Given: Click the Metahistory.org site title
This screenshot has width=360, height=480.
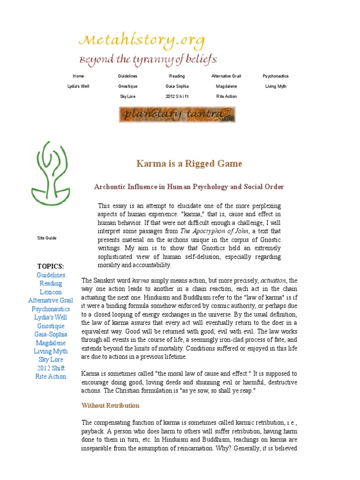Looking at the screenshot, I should pos(142,42).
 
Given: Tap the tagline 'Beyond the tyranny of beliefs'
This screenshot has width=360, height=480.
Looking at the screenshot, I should pos(148,60).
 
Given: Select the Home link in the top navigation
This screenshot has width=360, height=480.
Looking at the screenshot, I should pos(78,76).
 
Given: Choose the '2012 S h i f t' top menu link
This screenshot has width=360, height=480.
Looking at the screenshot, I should pos(177,97).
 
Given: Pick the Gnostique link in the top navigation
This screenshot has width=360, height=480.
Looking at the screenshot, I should pos(127,86).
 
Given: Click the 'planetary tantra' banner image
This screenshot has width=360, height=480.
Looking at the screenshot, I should pos(177,115).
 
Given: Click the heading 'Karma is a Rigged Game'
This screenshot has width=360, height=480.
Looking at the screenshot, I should pos(189,164).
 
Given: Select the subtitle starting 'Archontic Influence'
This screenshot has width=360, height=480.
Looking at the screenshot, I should pos(189,187).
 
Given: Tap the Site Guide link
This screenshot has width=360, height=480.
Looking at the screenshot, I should pos(47,238).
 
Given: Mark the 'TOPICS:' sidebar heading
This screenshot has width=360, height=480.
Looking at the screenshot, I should pos(51,266).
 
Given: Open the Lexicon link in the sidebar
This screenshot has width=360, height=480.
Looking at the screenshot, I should pos(51,292).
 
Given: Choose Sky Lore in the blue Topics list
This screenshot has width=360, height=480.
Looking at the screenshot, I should pos(51,360).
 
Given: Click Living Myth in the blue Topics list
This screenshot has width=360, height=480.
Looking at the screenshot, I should pos(51,351).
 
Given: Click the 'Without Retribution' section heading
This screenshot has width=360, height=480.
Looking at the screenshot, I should pos(110,405).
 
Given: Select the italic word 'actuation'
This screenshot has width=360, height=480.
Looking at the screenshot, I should pos(270,280).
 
